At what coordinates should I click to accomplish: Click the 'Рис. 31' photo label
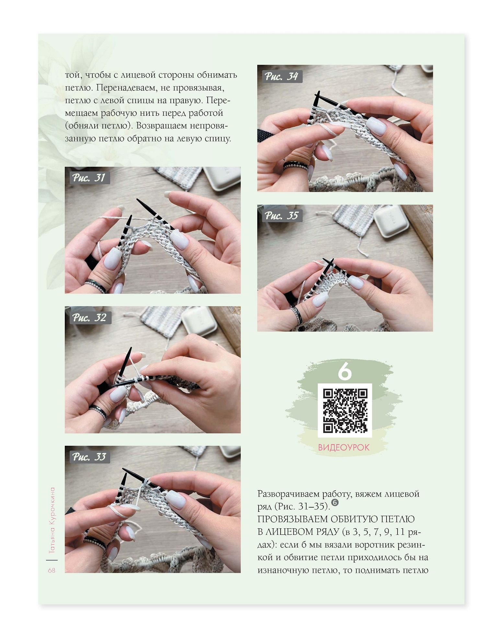click(x=89, y=178)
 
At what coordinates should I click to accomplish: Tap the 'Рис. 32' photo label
click(x=89, y=318)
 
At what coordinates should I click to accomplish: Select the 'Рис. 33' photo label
click(x=89, y=457)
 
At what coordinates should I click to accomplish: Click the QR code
click(x=345, y=411)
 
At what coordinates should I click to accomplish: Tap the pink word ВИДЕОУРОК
click(x=344, y=448)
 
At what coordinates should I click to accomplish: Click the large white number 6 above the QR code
click(x=345, y=371)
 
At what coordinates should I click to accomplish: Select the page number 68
click(x=52, y=570)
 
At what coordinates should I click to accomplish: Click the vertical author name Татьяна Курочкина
click(x=52, y=520)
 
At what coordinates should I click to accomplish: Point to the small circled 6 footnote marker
click(x=335, y=502)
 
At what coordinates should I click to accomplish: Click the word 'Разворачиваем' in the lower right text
click(x=288, y=494)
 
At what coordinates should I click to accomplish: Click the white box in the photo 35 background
click(x=387, y=222)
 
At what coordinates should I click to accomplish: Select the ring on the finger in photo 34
click(x=295, y=166)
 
